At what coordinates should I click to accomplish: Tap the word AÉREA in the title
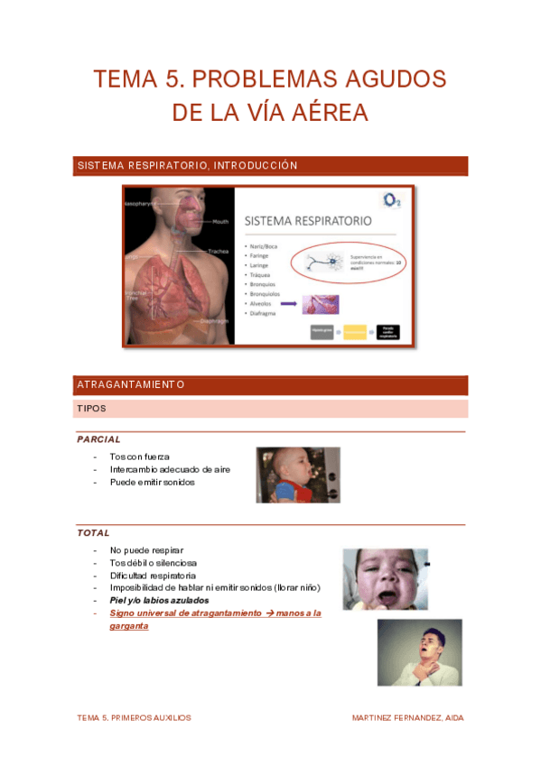click(324, 114)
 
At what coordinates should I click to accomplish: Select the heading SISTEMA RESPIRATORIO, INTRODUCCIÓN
click(188, 166)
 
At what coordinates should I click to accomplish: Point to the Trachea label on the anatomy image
click(218, 251)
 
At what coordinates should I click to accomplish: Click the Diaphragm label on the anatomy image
click(215, 321)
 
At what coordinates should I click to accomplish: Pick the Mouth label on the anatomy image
click(220, 221)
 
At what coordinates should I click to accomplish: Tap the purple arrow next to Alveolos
click(289, 306)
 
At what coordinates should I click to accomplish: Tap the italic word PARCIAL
click(99, 439)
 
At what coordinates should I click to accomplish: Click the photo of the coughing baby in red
click(298, 475)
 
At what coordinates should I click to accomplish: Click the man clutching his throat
click(418, 652)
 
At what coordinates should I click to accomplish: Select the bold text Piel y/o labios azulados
click(159, 600)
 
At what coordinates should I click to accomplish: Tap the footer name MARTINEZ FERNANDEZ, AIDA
click(407, 718)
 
